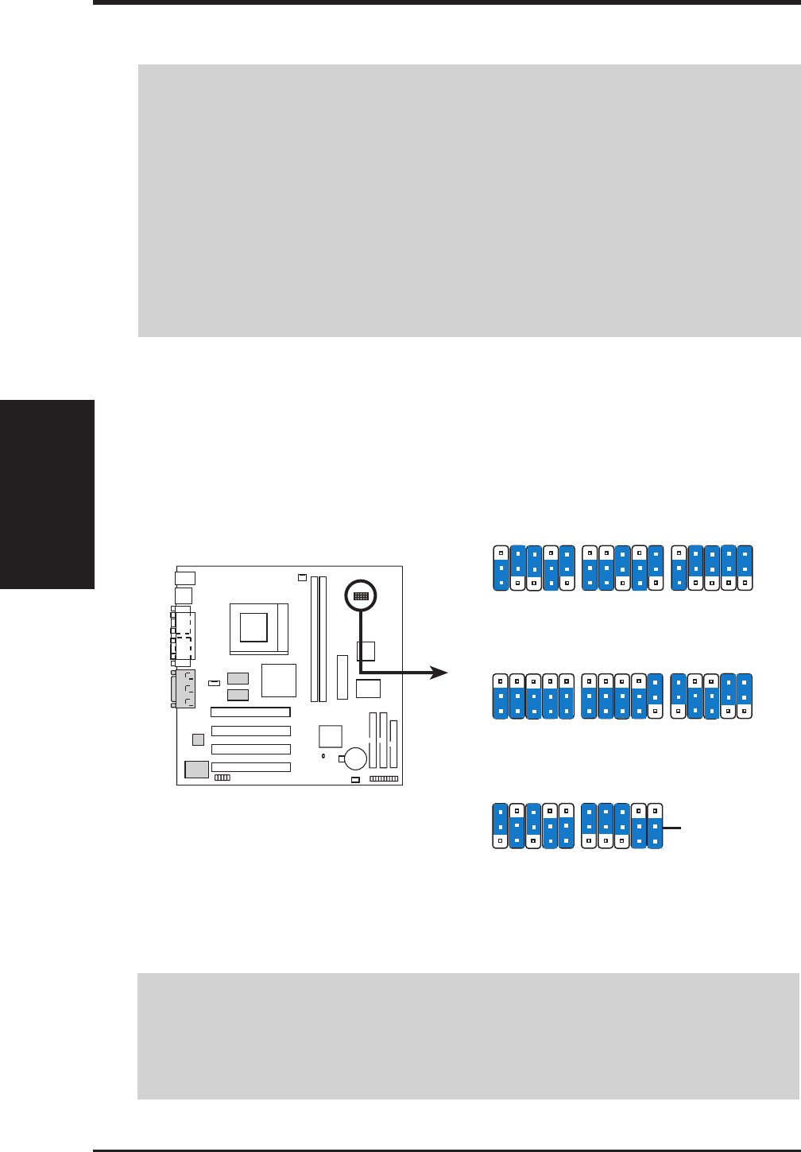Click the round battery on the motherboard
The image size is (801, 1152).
(x=354, y=758)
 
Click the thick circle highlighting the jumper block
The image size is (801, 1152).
(x=360, y=595)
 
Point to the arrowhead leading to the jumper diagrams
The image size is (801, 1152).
(x=438, y=673)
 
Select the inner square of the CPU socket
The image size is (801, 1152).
(x=253, y=627)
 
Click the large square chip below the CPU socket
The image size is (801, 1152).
(x=278, y=681)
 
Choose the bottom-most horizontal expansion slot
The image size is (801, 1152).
(x=250, y=767)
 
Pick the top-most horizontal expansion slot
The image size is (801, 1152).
(x=250, y=712)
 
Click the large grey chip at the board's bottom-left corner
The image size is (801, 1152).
(x=196, y=769)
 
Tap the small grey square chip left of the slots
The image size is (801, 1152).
(x=198, y=740)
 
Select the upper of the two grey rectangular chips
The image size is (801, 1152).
(x=238, y=678)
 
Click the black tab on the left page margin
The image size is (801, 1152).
(x=47, y=494)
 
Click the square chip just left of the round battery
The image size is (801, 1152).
(x=330, y=736)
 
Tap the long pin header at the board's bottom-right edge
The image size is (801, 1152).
(x=384, y=779)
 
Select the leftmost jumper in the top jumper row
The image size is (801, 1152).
(x=501, y=567)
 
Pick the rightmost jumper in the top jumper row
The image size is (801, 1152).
(x=745, y=567)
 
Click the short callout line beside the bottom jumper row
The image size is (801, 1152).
(x=672, y=828)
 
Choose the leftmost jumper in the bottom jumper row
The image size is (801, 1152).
(x=500, y=826)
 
